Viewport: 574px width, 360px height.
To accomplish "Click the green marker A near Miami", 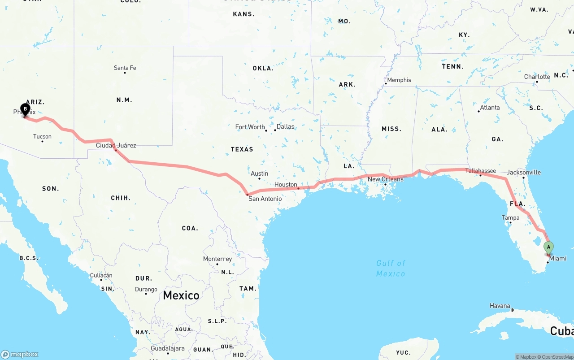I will click(548, 247).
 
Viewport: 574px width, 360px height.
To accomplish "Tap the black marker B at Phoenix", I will click(26, 109).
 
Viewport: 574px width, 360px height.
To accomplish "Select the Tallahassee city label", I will click(480, 171).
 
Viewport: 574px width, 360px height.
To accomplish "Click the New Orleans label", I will click(385, 179).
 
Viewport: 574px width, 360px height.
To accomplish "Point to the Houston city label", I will click(286, 185).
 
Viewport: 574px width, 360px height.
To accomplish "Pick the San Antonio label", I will click(265, 199).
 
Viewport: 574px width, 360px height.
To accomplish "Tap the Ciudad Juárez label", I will click(116, 145).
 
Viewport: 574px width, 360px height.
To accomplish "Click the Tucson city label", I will click(42, 137).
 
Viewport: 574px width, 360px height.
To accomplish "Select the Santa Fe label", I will click(125, 68).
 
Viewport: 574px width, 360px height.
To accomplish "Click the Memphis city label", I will click(399, 80).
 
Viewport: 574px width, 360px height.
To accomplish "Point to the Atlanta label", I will click(490, 108).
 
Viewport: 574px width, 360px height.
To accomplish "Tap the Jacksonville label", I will click(523, 173).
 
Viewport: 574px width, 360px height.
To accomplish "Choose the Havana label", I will click(500, 306).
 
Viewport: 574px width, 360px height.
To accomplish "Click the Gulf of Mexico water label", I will click(391, 268).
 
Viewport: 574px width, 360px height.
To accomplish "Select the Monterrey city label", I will click(217, 259).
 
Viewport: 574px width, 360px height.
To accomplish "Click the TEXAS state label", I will click(242, 149).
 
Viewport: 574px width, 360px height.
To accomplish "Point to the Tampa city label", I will click(510, 218).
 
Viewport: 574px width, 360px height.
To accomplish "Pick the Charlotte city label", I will click(537, 77).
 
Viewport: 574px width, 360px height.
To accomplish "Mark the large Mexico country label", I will click(181, 295).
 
